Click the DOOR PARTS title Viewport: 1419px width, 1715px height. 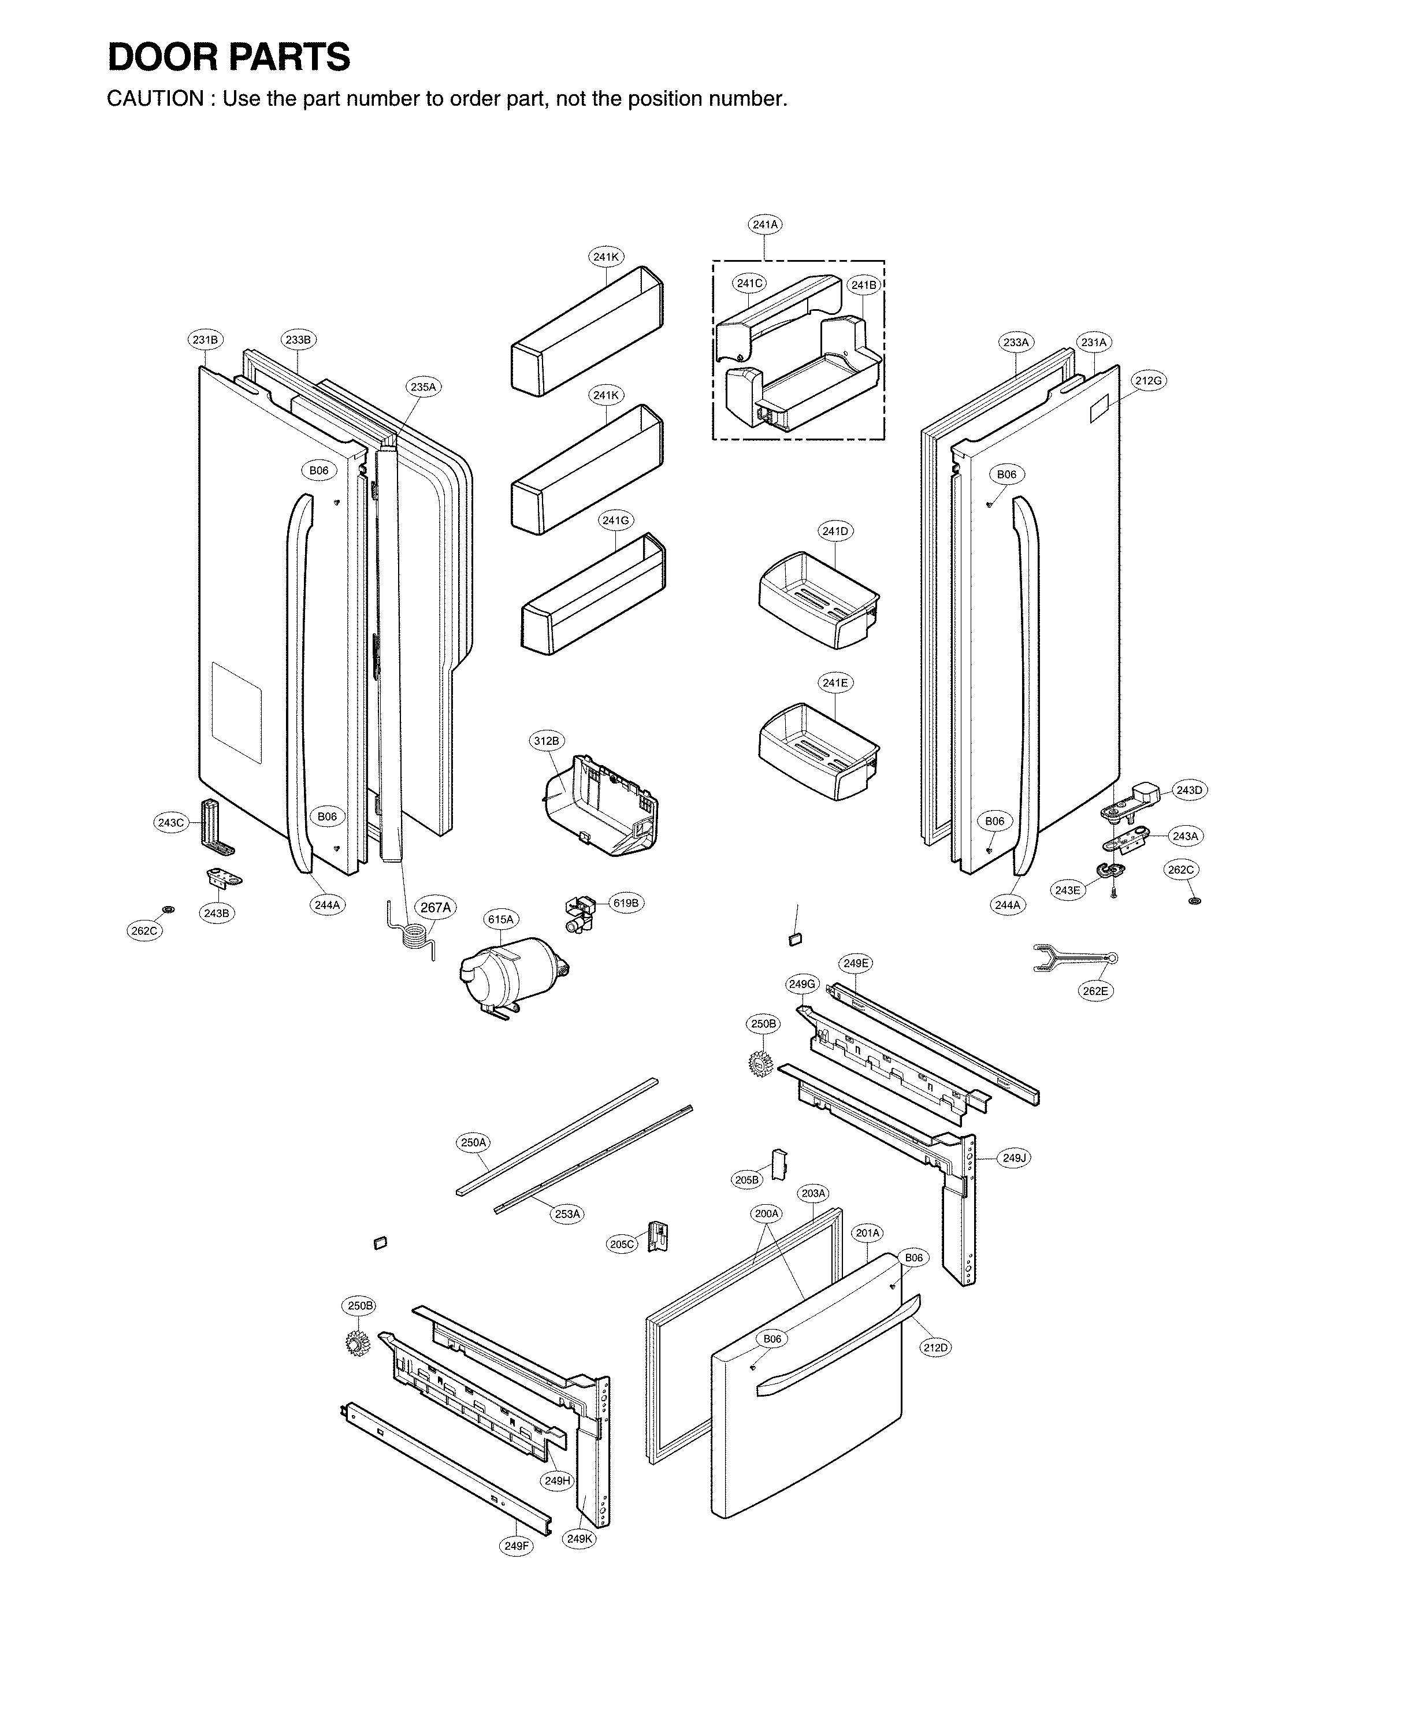pyautogui.click(x=229, y=57)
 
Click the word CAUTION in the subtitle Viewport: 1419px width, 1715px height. pyautogui.click(x=155, y=99)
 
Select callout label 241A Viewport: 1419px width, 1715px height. pyautogui.click(x=765, y=224)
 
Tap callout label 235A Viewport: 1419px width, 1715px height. pyautogui.click(x=423, y=387)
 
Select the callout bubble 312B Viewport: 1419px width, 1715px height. pyautogui.click(x=545, y=741)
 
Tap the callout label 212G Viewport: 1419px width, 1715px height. pyautogui.click(x=1148, y=381)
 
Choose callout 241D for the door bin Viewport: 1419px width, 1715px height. pyautogui.click(x=835, y=532)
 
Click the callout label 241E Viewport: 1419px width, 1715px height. pyautogui.click(x=835, y=683)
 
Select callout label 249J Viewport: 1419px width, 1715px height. pyautogui.click(x=1014, y=1158)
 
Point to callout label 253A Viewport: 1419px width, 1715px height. pyautogui.click(x=567, y=1213)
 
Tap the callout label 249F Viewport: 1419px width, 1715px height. pyautogui.click(x=515, y=1546)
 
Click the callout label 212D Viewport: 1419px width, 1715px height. pyautogui.click(x=935, y=1347)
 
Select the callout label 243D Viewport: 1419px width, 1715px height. pyautogui.click(x=1189, y=790)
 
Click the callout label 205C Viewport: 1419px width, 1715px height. pyautogui.click(x=621, y=1244)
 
